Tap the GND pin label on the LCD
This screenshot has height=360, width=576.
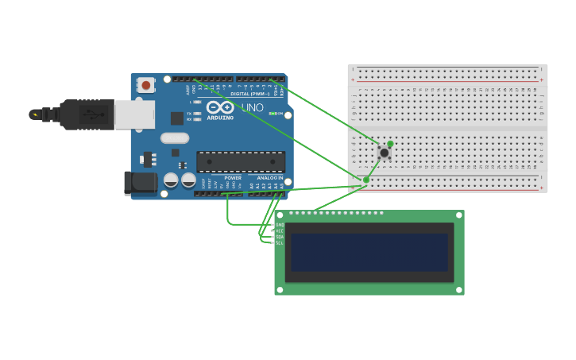(279, 225)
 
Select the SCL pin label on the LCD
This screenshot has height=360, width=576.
(279, 242)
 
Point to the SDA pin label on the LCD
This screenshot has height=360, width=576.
(279, 237)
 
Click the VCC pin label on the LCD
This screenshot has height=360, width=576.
(279, 230)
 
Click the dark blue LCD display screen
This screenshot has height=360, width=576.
(369, 252)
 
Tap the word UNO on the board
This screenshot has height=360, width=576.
(252, 107)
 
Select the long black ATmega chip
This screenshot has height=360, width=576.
(240, 161)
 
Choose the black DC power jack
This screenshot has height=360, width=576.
(141, 183)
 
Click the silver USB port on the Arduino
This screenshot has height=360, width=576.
(134, 114)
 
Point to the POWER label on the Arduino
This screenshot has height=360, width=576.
(233, 178)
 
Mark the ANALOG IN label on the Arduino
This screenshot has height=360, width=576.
(269, 178)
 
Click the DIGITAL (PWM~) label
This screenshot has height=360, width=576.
(250, 94)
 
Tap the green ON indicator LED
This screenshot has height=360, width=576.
(272, 114)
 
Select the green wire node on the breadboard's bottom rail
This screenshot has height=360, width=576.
(365, 180)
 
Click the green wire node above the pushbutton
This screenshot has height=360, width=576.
(390, 144)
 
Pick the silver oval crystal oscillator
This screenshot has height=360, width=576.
(174, 137)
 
